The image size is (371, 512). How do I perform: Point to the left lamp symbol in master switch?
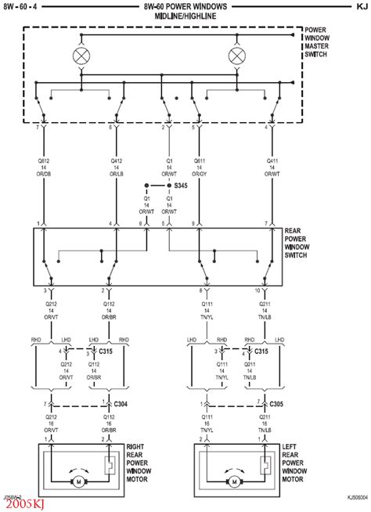81,56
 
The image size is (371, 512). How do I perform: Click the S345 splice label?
182,186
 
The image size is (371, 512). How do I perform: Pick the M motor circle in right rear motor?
77,482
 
